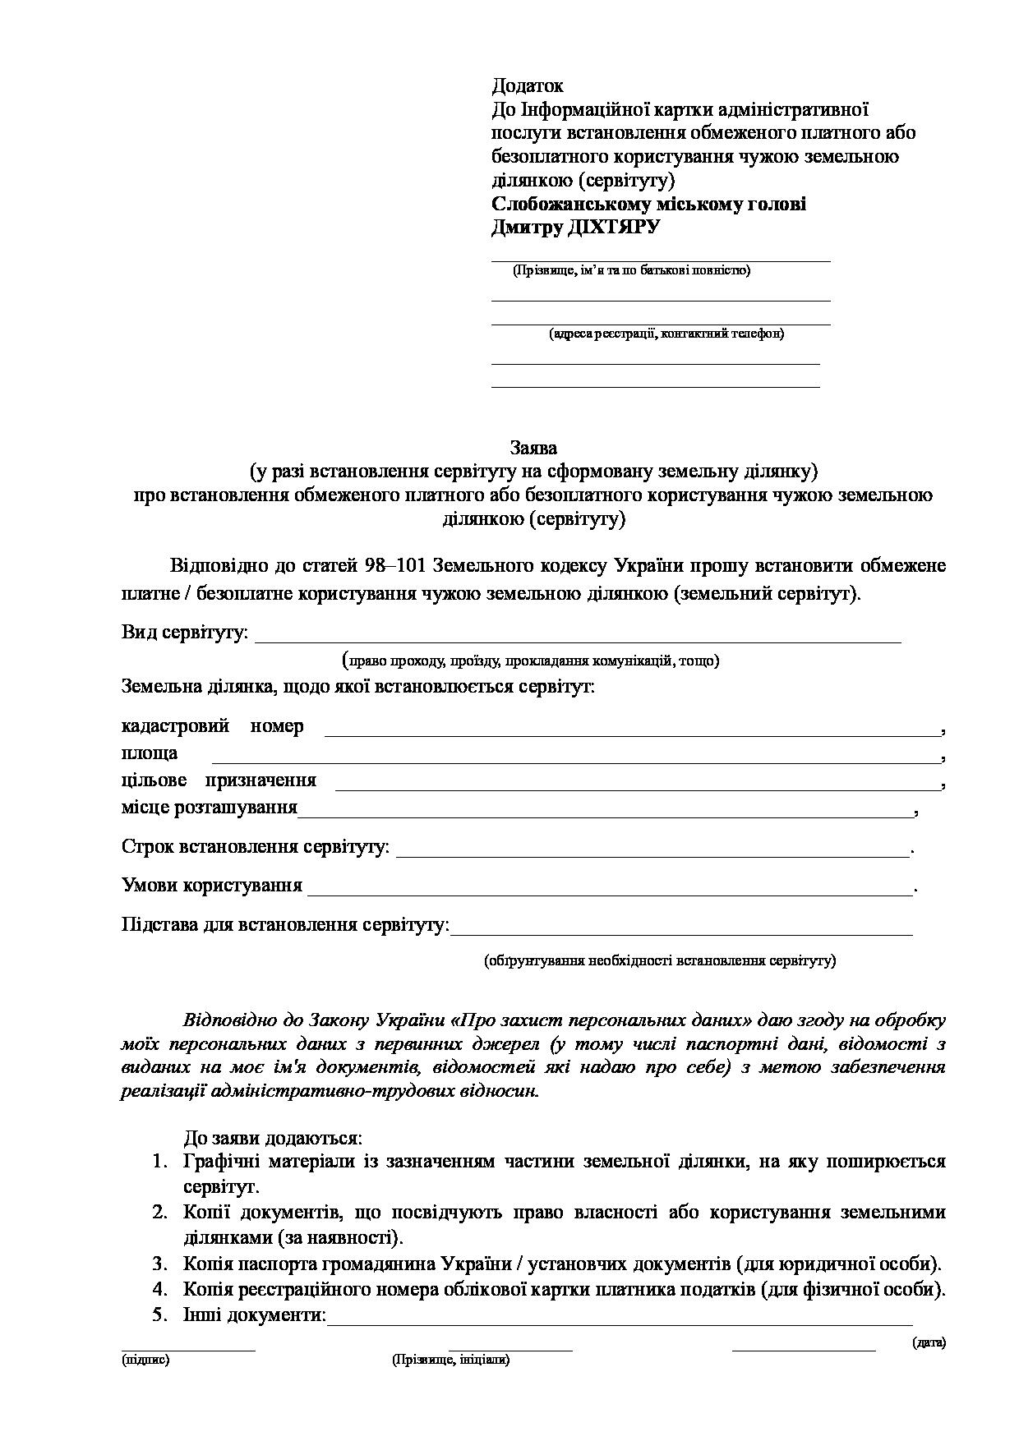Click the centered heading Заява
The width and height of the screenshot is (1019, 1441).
533,448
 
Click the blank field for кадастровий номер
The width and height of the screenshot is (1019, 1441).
632,728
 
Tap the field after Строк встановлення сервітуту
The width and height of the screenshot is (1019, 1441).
653,849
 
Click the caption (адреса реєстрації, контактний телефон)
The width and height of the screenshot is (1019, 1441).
666,334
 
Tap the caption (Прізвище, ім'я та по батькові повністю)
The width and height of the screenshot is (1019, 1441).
631,270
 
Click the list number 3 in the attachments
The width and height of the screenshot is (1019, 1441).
159,1263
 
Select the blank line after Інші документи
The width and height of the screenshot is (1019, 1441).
620,1317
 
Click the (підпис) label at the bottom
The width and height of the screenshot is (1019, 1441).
145,1360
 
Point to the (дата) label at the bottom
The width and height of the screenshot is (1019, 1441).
929,1342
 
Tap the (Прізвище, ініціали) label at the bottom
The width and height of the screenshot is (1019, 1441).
451,1360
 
